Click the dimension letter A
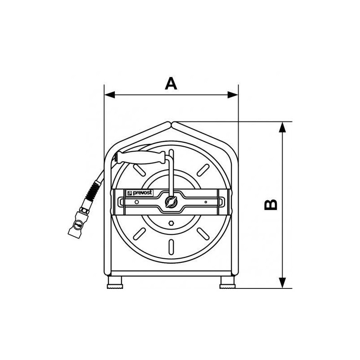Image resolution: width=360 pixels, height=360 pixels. tap(171, 84)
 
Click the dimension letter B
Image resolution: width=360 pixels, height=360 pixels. tap(271, 205)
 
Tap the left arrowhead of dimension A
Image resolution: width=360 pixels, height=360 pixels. tap(109, 94)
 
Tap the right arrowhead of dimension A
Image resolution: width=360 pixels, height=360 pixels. tap(233, 94)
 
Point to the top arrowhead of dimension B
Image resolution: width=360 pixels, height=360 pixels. tap(283, 127)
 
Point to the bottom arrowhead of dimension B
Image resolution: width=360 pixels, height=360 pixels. tap(283, 283)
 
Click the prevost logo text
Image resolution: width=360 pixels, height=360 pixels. tap(140, 193)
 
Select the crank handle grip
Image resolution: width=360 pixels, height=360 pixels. tap(141, 157)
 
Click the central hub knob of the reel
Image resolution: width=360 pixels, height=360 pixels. tap(171, 202)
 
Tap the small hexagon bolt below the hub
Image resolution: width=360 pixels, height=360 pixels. tap(171, 223)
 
